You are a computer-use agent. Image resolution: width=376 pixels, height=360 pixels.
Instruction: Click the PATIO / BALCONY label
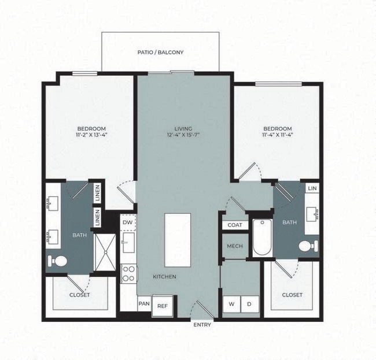160,52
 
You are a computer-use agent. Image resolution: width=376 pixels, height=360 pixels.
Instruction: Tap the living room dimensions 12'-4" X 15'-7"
183,136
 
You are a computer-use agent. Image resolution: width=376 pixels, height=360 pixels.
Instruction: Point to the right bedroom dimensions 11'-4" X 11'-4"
277,136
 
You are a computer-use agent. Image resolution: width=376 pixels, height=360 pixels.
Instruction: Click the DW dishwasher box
128,222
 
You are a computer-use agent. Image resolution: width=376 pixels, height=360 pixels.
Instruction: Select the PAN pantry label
144,303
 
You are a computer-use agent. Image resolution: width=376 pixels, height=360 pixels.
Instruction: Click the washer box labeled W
232,304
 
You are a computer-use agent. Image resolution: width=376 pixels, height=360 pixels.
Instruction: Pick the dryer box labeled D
250,304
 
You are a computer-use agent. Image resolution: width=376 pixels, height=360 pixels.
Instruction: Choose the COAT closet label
234,225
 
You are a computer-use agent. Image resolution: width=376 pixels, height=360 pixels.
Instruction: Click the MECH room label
234,246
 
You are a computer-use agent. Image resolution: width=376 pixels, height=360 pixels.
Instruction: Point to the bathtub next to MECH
262,237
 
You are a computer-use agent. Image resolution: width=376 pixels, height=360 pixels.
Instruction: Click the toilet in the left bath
58,261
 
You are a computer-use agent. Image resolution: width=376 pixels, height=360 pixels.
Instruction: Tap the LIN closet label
312,188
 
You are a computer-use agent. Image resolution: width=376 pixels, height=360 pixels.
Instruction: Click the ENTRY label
202,325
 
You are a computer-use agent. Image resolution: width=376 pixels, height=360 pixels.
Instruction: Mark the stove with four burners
128,273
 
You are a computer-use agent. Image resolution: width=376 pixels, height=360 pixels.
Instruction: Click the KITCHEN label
164,277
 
